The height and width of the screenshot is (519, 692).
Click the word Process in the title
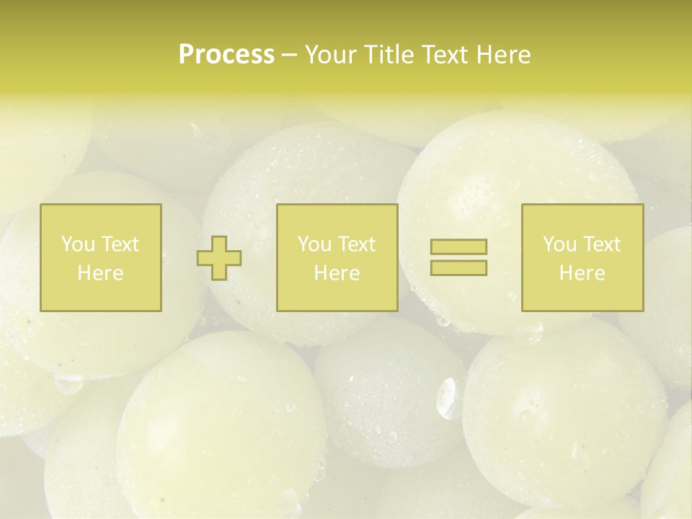[226, 55]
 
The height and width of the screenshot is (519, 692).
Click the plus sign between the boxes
[219, 258]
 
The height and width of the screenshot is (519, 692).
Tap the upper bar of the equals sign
[458, 247]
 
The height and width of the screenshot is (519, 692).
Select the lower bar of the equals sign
[458, 268]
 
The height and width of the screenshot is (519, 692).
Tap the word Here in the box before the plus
[100, 273]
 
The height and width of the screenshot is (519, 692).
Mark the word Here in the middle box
[337, 273]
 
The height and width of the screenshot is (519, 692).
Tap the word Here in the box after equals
[582, 273]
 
